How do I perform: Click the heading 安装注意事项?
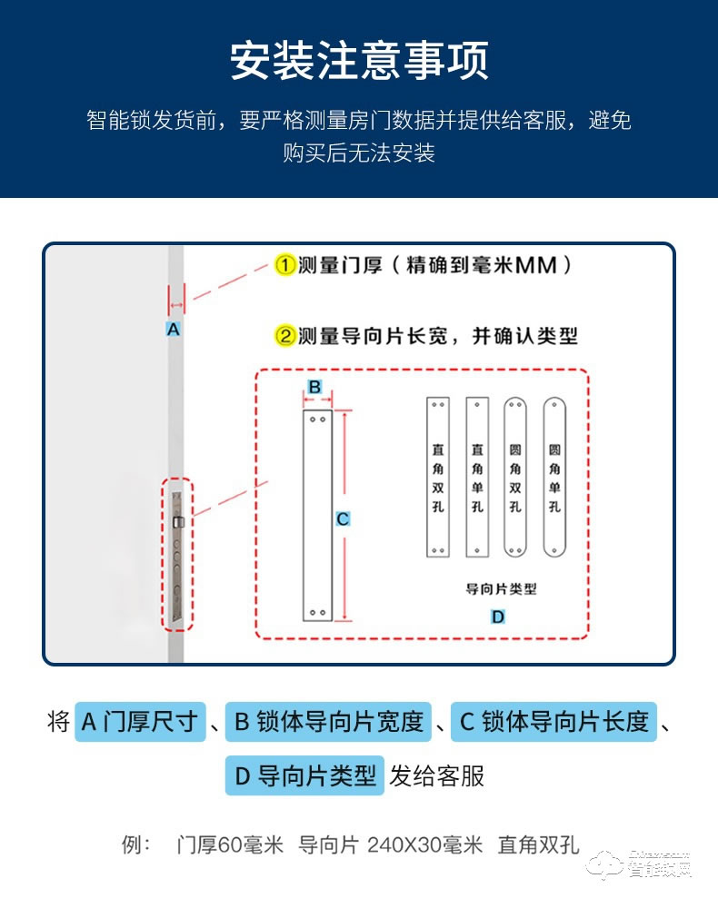coord(359,61)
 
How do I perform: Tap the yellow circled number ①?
coord(284,265)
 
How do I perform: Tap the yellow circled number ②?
coord(284,336)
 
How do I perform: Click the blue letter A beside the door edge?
coord(174,330)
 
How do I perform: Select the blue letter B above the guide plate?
coord(314,387)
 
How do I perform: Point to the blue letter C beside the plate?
coord(343,519)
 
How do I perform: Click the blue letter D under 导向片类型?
coord(498,617)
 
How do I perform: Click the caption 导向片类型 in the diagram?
coord(501,588)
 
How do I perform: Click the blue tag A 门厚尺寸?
coord(140,722)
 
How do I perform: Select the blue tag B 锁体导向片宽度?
coord(328,722)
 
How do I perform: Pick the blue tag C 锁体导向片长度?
coord(553,722)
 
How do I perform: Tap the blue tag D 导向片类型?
coord(304,775)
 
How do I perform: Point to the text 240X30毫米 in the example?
coord(424,845)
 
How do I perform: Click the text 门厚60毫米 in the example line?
coord(230,845)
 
